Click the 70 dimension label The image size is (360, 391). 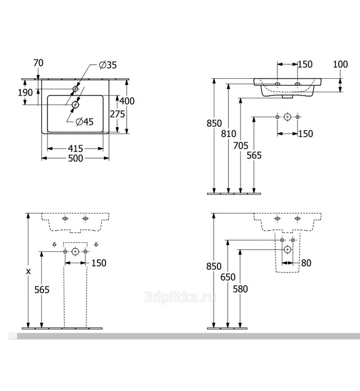click(x=39, y=63)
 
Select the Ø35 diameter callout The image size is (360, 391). click(x=107, y=65)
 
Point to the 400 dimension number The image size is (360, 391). click(x=127, y=101)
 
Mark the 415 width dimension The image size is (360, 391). click(x=75, y=149)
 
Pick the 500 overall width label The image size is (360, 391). click(x=75, y=159)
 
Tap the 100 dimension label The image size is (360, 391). click(x=340, y=64)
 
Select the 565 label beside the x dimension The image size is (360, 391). click(x=42, y=289)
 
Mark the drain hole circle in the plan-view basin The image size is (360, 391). click(x=76, y=103)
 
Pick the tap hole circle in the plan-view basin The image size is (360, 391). click(x=76, y=89)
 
